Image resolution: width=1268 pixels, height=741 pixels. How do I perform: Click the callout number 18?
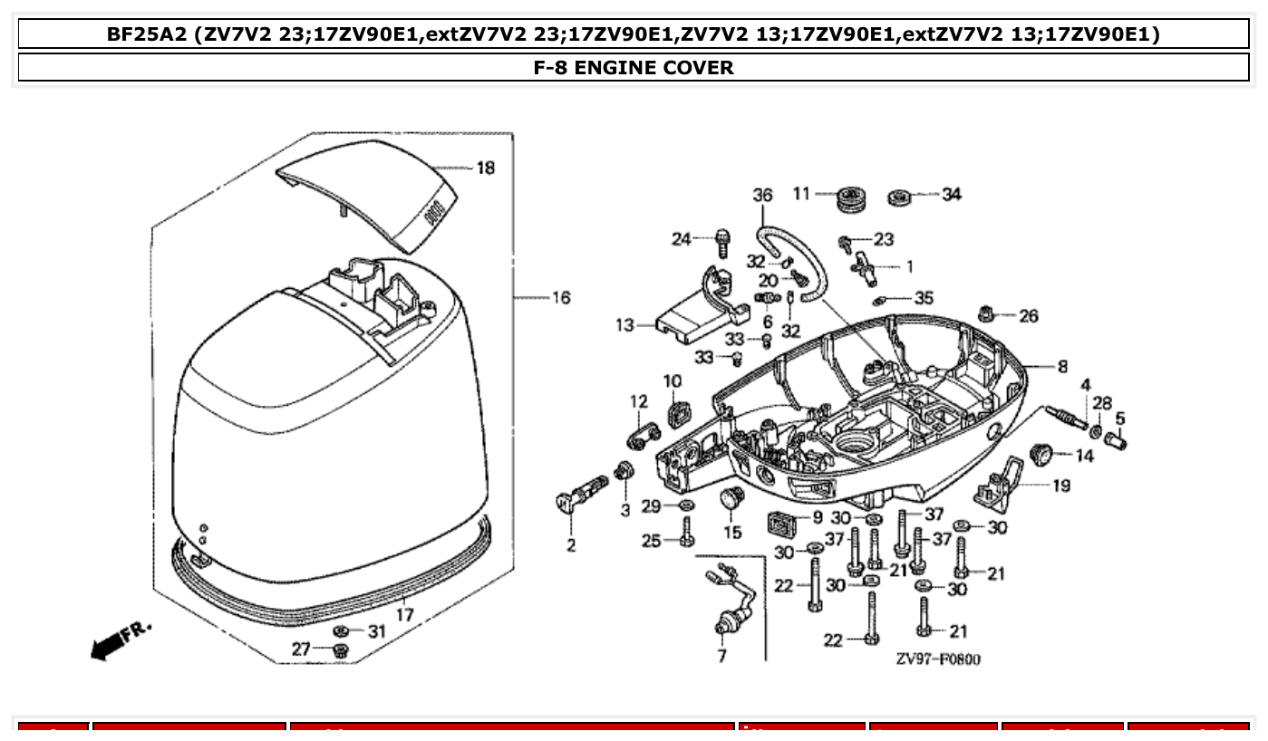[x=486, y=168]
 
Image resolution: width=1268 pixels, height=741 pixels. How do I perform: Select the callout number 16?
[x=561, y=297]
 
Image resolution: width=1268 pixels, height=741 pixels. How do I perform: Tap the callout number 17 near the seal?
[x=404, y=614]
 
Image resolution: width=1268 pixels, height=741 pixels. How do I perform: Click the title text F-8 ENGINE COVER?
[x=634, y=67]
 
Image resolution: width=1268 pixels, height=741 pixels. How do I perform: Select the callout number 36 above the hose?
[x=762, y=195]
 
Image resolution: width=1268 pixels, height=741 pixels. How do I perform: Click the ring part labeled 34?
[x=901, y=195]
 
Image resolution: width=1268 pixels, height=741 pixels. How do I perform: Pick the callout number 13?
[x=624, y=324]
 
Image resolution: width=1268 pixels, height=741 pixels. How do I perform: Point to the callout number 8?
[x=1061, y=367]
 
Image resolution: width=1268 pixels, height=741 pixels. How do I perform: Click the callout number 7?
[x=721, y=656]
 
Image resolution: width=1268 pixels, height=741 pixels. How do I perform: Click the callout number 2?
[x=571, y=545]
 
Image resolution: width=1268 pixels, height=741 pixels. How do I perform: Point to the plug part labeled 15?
[x=731, y=498]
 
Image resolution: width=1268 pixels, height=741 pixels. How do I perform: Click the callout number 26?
[x=1028, y=316]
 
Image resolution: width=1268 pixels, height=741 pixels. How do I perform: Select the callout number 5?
[x=1120, y=419]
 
